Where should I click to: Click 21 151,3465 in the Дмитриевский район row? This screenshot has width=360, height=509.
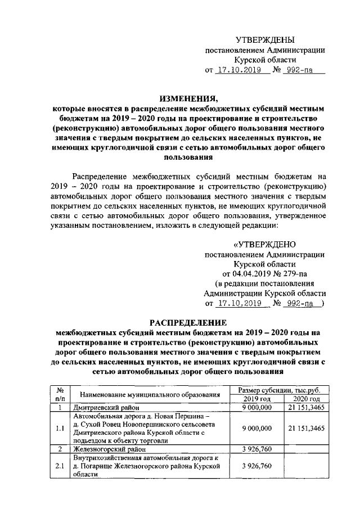click(x=306, y=407)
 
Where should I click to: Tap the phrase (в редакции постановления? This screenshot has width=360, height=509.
click(x=265, y=283)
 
